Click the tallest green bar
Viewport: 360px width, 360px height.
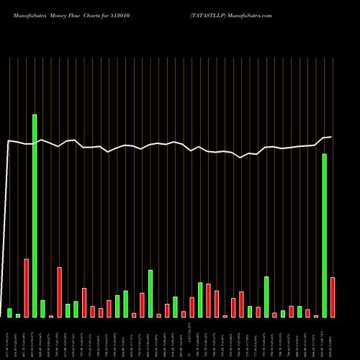pos(34,215)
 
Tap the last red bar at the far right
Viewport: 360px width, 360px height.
pos(333,297)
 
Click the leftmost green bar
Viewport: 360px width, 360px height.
pos(9,312)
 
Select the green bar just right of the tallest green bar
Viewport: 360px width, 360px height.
pos(42,308)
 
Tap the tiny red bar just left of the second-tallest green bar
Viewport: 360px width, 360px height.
pos(315,316)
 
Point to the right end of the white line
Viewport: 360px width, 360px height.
pos(331,136)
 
